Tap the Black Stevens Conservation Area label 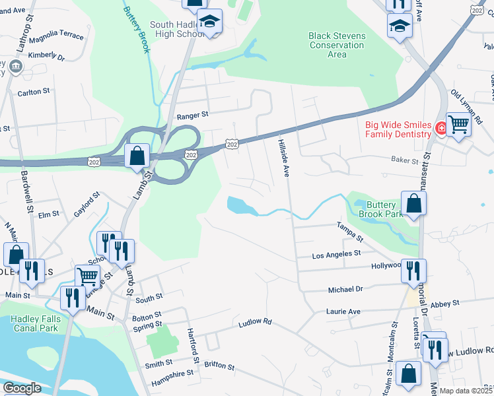[x=337, y=45]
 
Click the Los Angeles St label [x=336, y=253]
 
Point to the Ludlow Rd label [x=255, y=322]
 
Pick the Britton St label [x=219, y=365]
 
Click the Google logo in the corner [x=22, y=388]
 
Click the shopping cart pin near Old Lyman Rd [x=458, y=123]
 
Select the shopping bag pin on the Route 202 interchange [x=137, y=156]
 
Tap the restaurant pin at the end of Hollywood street [x=413, y=269]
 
